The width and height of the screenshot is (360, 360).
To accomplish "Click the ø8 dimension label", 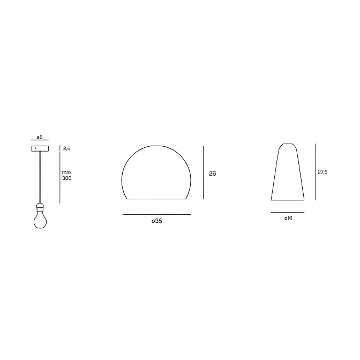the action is [40, 137].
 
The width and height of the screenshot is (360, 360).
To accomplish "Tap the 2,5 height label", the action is [66, 148].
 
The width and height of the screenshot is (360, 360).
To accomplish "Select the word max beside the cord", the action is [67, 172].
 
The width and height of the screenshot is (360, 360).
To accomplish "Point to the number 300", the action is [67, 178].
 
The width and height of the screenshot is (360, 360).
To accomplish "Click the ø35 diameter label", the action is [157, 221].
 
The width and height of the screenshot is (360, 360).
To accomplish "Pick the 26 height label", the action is [212, 174].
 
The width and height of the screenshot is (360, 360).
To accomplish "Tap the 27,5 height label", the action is [322, 172].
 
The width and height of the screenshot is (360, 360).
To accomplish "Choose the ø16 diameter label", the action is [288, 219].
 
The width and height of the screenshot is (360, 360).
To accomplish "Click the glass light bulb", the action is [40, 221].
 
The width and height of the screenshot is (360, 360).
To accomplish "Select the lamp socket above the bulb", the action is [40, 208].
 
